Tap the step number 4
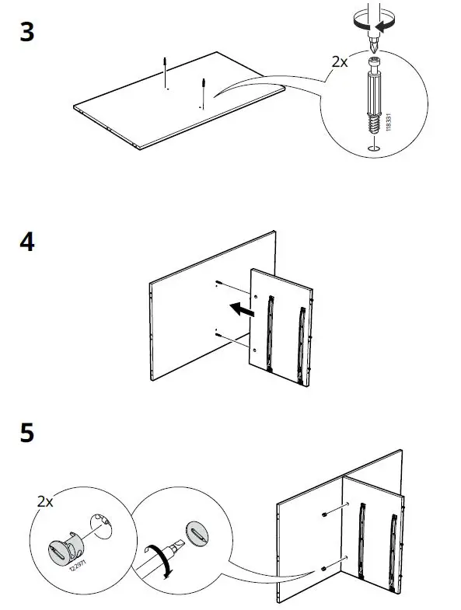[27, 242]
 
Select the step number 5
[27, 433]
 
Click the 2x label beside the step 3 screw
[339, 60]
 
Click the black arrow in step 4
[243, 311]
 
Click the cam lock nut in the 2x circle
[68, 547]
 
